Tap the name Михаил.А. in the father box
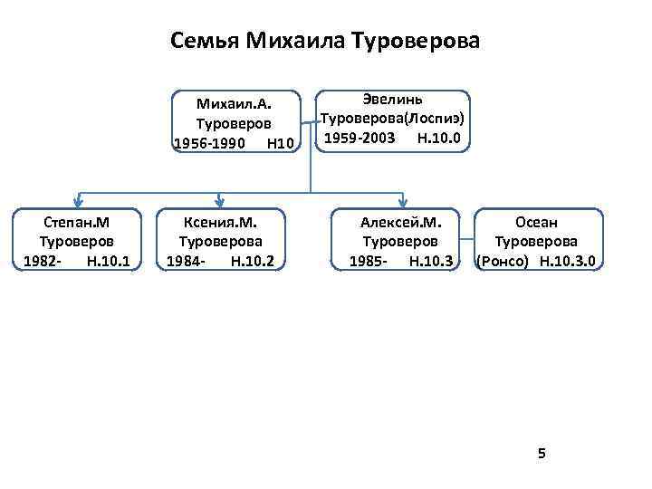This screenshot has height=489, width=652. pos(235,103)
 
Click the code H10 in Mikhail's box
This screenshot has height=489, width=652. pos(282,142)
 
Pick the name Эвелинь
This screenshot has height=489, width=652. pos(393,99)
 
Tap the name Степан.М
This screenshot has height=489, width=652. pos(77,223)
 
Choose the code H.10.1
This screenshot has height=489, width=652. pos(108,262)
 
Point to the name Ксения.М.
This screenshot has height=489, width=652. pos(220,223)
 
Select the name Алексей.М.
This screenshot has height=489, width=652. pos(400,223)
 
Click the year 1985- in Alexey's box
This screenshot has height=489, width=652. pos(368,262)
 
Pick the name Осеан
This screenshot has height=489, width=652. pos(537,223)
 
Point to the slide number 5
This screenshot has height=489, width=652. pos(542,453)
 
